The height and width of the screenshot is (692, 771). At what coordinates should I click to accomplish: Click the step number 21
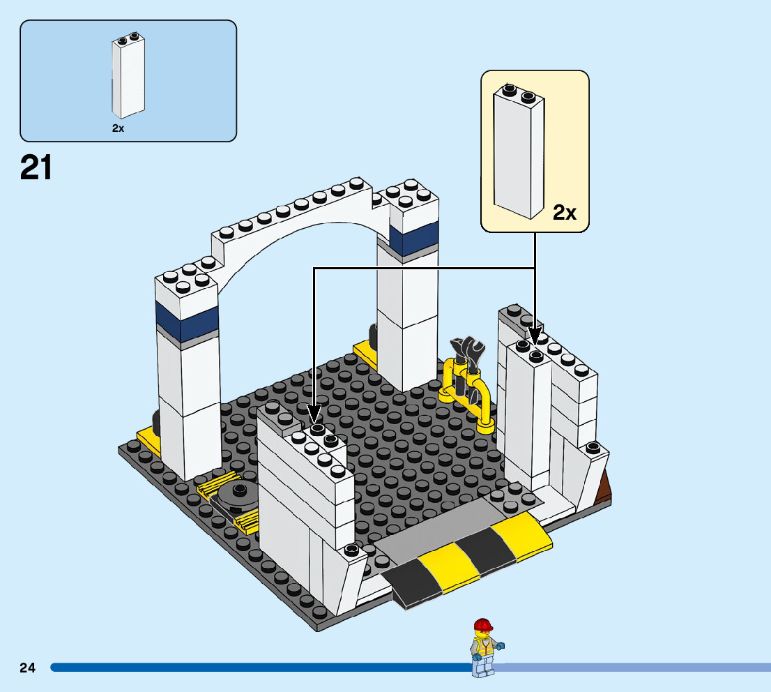36,169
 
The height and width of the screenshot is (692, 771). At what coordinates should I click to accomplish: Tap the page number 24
27,668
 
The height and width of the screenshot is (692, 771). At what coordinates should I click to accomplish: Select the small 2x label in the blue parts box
118,128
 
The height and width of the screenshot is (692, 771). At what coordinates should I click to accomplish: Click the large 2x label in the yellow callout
564,213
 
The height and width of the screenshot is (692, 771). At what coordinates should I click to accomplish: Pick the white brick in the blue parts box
128,78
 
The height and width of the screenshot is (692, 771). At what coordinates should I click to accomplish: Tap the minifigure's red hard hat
482,624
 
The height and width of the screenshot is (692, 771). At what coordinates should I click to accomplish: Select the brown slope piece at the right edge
604,488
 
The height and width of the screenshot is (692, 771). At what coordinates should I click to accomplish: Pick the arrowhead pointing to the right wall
535,336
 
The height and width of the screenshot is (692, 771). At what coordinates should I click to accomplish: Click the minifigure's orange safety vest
484,648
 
